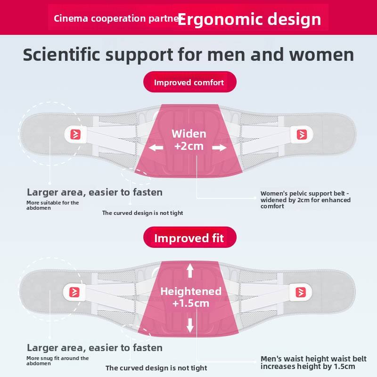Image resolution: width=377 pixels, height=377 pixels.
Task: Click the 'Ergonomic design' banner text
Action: point(249,19)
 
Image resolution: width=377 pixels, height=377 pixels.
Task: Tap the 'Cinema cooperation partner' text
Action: point(115,18)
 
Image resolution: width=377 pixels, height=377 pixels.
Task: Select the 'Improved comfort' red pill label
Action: point(189,82)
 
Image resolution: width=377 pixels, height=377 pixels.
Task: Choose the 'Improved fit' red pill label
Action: point(189,238)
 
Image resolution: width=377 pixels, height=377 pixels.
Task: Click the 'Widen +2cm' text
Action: point(188,140)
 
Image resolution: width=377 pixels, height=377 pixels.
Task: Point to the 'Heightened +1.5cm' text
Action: point(190,297)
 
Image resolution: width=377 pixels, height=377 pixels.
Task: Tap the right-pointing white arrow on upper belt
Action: point(219,148)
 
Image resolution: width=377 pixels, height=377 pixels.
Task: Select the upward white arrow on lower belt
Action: point(190,270)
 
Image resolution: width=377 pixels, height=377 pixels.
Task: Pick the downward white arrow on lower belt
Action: point(190,325)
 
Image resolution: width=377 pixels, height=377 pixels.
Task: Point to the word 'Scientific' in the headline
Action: point(62,55)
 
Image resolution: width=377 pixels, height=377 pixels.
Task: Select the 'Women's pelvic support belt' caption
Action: point(305,200)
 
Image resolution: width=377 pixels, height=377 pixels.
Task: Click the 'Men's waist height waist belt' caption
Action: point(308,363)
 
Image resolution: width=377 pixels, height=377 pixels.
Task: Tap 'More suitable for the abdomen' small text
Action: point(52,205)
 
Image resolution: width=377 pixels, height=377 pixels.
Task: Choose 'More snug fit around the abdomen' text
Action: point(57,361)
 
